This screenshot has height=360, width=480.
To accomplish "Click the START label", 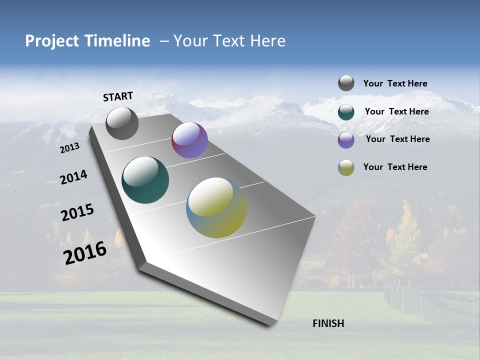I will click(118, 96).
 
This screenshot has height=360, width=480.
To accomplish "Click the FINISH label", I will click(328, 323).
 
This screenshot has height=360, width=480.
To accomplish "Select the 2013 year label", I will click(69, 147).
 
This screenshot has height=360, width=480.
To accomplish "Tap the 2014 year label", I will click(73, 177).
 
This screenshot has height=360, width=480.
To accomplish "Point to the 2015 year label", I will click(77, 212).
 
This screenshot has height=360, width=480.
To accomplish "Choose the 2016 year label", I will click(85, 253).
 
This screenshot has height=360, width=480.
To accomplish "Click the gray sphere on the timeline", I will click(122, 123).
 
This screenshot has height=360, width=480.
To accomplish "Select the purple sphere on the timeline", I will click(189, 140).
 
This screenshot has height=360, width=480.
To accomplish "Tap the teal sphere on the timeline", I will click(145, 180).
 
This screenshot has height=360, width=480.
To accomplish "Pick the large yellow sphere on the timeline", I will click(216, 207).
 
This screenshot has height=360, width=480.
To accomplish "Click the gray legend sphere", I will click(346, 83).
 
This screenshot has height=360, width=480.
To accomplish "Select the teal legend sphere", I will click(346, 112).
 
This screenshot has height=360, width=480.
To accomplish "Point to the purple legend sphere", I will click(346, 140).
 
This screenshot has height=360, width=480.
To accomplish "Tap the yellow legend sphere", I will click(346, 167).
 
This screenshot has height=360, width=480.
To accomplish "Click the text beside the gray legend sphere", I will click(395, 83).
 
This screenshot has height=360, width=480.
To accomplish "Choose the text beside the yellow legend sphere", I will click(395, 167).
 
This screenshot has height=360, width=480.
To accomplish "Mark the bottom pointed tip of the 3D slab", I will click(272, 324).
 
